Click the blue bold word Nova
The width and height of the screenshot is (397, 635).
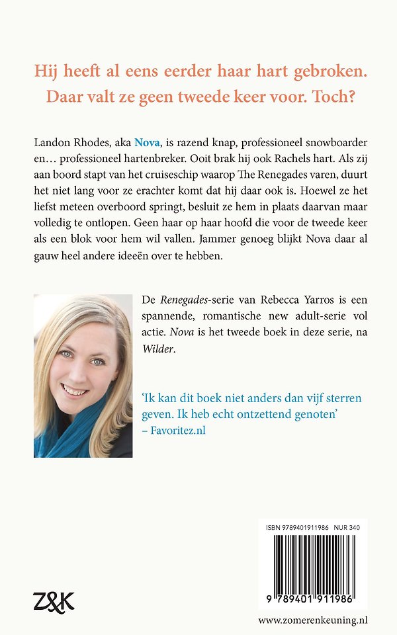pos(148,142)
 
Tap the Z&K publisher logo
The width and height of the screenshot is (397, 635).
pos(54,601)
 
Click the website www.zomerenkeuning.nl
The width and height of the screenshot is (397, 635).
pos(313,620)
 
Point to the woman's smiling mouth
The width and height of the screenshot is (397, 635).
pos(74,390)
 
